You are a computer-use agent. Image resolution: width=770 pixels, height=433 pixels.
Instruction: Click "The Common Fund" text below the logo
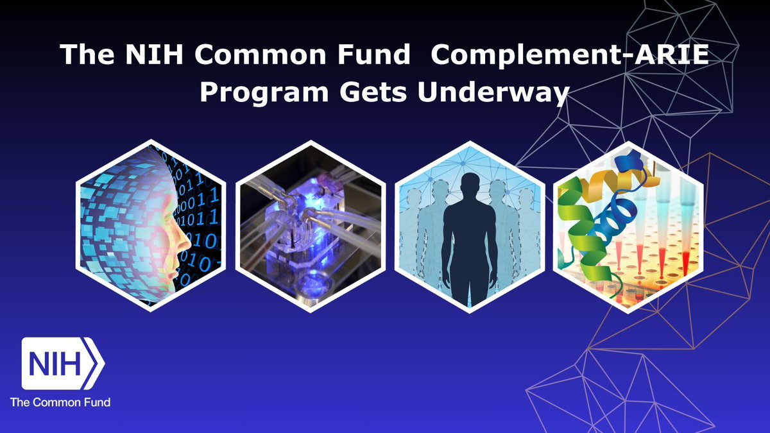point(60,403)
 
